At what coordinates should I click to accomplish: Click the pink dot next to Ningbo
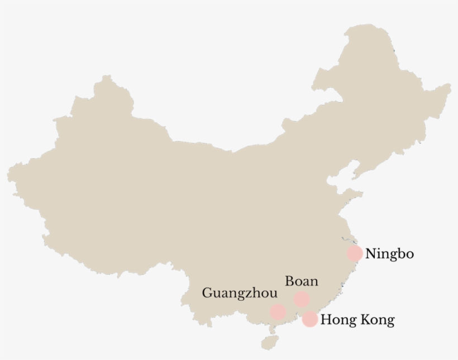tap(354, 253)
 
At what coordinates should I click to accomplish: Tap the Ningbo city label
tap(389, 254)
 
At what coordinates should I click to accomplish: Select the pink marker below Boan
tap(302, 299)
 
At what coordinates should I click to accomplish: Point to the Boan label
tap(301, 281)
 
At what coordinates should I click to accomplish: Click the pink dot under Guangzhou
tap(278, 311)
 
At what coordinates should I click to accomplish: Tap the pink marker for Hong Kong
tap(310, 319)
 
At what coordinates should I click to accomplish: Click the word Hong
tap(337, 320)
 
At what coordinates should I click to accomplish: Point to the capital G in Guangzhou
tap(207, 293)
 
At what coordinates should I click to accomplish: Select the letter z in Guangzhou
tap(251, 294)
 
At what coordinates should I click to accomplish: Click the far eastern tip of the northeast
tap(450, 87)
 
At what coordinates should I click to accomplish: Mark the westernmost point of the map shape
tap(8, 170)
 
